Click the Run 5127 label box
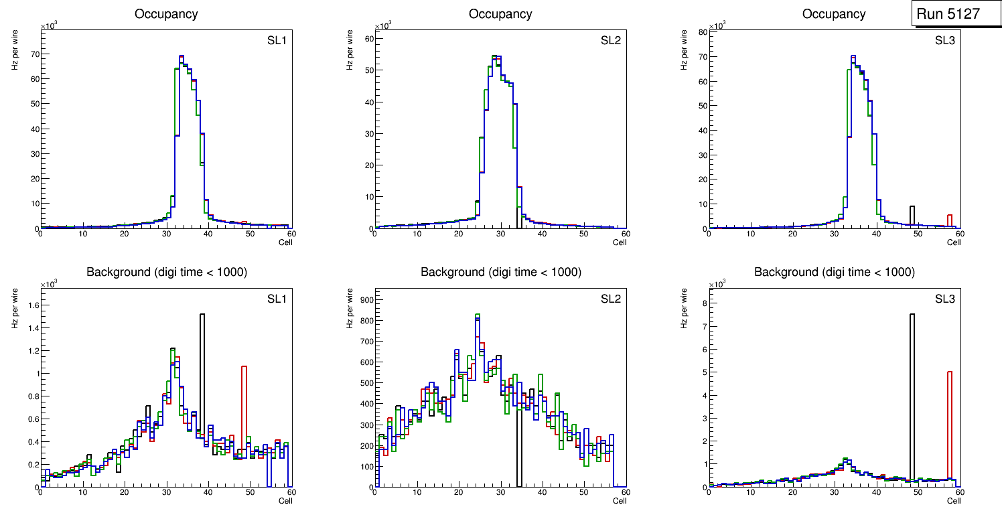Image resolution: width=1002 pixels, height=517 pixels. coord(952,14)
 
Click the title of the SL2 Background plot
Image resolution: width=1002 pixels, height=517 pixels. coord(500,272)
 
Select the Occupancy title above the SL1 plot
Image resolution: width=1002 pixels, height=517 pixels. coord(166,13)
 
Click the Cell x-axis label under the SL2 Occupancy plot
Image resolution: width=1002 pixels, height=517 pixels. coord(620,242)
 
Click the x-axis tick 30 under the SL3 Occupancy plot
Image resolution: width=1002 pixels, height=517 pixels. coord(834,234)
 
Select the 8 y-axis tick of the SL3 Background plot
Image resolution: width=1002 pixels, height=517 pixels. coord(703,303)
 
